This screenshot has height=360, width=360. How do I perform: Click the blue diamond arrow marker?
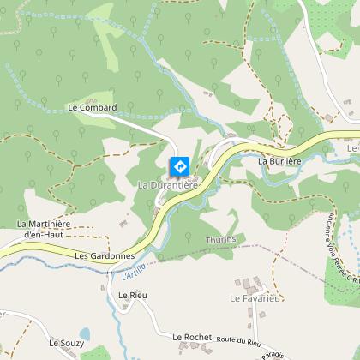[x=181, y=165]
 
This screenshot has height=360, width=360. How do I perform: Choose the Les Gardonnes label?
[x=105, y=255]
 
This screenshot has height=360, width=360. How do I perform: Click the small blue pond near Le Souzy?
[x=84, y=333]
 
